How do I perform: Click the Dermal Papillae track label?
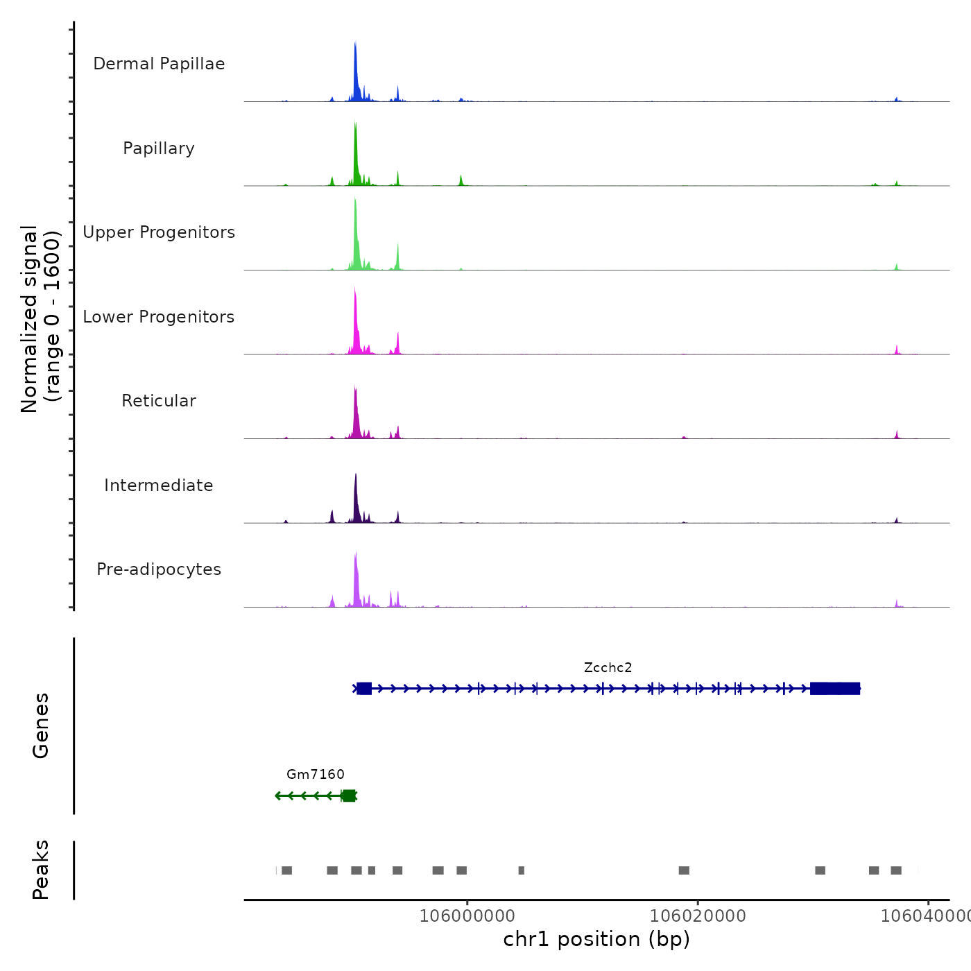(x=159, y=64)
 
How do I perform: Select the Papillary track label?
(x=159, y=148)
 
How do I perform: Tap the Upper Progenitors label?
(x=159, y=232)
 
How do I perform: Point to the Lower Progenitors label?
(x=159, y=317)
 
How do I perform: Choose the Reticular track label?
(x=159, y=401)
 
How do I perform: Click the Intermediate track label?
(x=159, y=486)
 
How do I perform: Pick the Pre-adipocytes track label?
(x=159, y=569)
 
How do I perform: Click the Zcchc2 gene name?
(x=608, y=668)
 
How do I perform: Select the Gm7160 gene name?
(x=316, y=775)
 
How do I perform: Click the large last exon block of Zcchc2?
(x=835, y=689)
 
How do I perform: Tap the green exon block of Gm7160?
(x=349, y=796)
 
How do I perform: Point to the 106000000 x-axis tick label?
(x=467, y=916)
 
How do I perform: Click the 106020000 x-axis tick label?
(x=698, y=916)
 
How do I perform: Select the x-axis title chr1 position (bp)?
(x=596, y=940)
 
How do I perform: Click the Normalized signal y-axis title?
(x=40, y=319)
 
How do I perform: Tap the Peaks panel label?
(x=41, y=870)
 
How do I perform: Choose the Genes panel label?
(x=41, y=725)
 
